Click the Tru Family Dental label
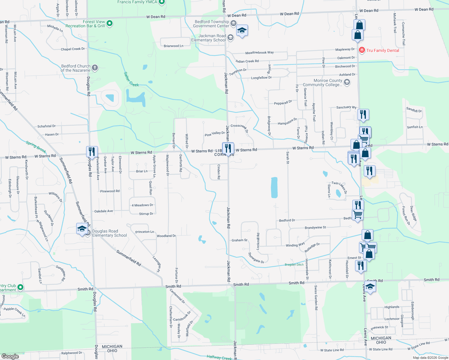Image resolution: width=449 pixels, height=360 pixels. [x=383, y=50]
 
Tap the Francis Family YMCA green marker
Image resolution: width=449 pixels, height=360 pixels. [x=162, y=2]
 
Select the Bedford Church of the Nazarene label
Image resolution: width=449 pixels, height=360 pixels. [x=76, y=68]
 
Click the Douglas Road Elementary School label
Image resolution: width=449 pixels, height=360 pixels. [x=109, y=233]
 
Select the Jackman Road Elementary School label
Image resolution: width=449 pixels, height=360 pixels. [x=209, y=38]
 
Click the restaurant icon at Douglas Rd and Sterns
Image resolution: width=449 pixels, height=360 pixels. [x=92, y=152]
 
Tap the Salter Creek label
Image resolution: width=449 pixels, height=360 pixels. [x=131, y=79]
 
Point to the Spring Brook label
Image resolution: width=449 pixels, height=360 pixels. [x=36, y=147]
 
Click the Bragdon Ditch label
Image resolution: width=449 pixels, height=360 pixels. [x=294, y=265]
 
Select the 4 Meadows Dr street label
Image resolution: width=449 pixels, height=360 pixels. [x=142, y=205]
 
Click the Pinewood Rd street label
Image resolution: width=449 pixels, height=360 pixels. [x=110, y=191]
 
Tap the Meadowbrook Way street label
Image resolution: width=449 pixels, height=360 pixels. [x=260, y=52]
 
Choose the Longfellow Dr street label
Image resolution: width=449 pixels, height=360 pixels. [x=261, y=78]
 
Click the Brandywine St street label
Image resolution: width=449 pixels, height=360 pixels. [x=315, y=228]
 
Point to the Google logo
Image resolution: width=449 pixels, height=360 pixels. [x=10, y=356]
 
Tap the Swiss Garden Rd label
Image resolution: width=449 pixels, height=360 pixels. [x=316, y=298]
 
